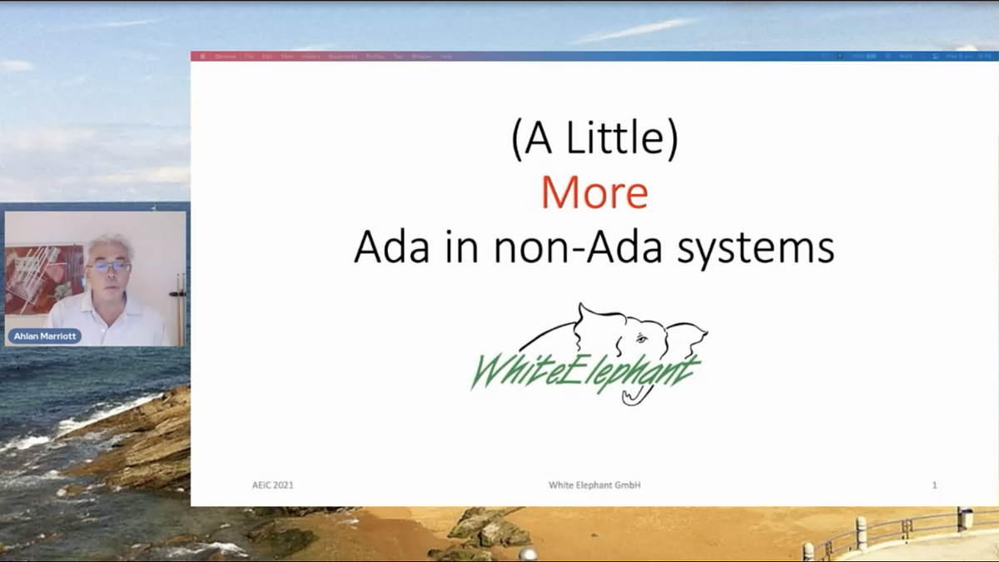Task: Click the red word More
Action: point(594,192)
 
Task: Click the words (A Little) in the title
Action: point(594,140)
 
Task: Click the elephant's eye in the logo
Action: point(640,338)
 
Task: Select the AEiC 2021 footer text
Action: point(273,485)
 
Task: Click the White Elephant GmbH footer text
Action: point(594,485)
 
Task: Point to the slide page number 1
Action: point(935,485)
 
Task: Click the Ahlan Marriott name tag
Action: point(45,336)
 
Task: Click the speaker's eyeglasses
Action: point(108,267)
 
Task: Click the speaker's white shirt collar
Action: point(108,301)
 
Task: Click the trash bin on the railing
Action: point(966,518)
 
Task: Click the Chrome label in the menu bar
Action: point(225,57)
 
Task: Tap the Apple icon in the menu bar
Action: point(202,57)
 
